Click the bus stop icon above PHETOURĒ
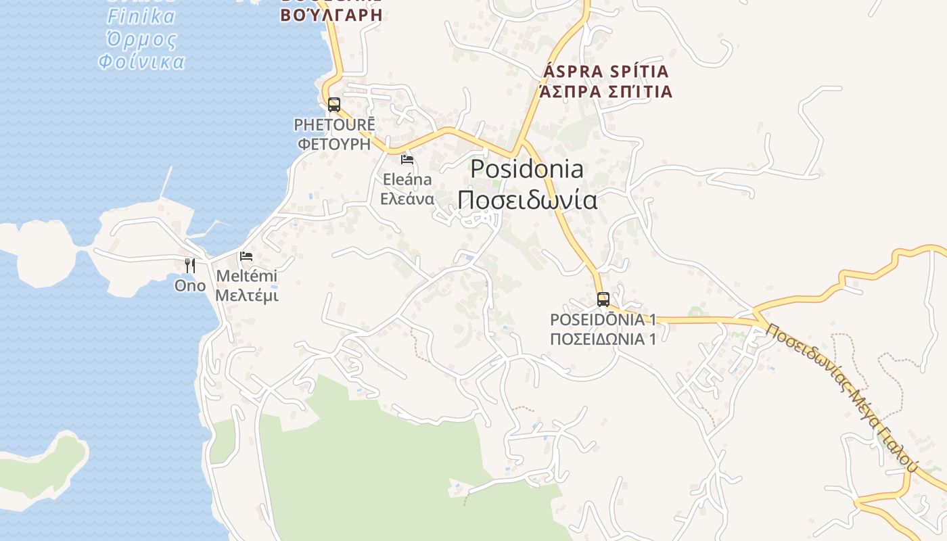(x=334, y=105)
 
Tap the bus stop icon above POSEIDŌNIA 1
(x=603, y=299)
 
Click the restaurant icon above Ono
(x=190, y=265)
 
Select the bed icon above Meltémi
(x=246, y=256)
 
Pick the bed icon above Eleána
(x=407, y=160)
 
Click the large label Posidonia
(x=527, y=168)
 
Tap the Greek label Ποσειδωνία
(x=527, y=200)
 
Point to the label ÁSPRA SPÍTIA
(x=605, y=72)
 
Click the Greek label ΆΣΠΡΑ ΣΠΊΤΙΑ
(x=605, y=91)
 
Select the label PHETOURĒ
(x=334, y=125)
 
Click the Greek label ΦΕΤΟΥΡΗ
(x=334, y=143)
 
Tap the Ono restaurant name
(x=190, y=285)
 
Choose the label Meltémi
(x=246, y=276)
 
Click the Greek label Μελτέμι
(x=246, y=296)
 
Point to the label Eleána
(x=407, y=180)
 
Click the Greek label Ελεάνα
(x=407, y=199)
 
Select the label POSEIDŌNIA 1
(x=603, y=319)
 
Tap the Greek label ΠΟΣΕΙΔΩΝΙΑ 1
(x=603, y=339)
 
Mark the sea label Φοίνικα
(x=141, y=62)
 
